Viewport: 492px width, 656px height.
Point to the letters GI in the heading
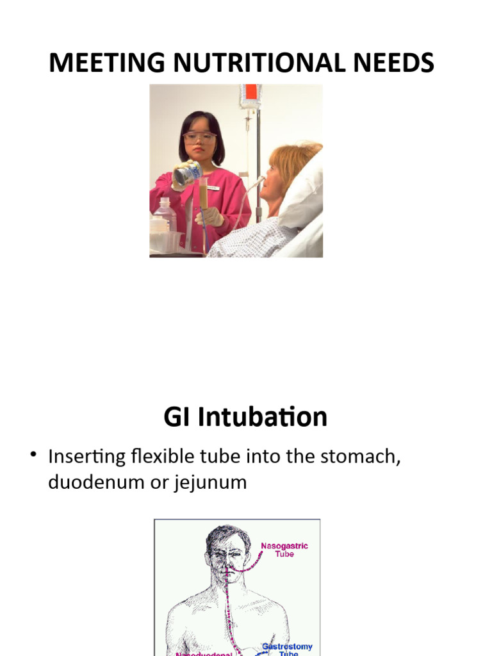point(177,417)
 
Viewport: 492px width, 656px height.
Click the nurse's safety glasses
point(199,136)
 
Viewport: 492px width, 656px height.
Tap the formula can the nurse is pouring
point(188,173)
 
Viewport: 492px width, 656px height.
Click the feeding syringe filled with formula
point(204,195)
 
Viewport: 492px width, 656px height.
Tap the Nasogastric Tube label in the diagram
point(284,550)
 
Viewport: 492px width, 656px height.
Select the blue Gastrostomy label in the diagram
point(287,648)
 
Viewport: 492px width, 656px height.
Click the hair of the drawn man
point(227,536)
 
